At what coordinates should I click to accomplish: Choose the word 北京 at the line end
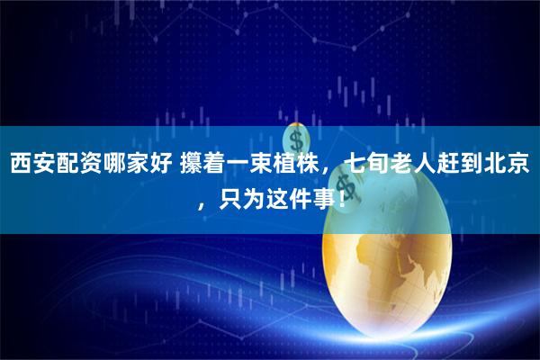[x=508, y=165]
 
